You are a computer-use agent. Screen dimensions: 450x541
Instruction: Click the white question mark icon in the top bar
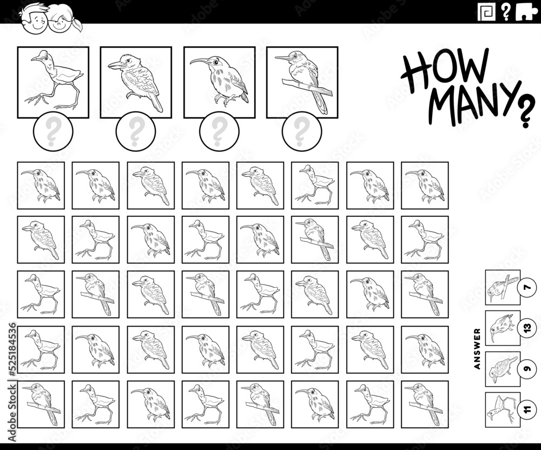tap(506, 11)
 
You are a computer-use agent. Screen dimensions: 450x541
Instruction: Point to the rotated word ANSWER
tap(477, 348)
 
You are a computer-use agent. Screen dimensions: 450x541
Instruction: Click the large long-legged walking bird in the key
tap(53, 82)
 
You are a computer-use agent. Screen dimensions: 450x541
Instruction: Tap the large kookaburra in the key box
tap(136, 82)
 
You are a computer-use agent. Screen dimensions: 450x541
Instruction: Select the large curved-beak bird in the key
tap(219, 82)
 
